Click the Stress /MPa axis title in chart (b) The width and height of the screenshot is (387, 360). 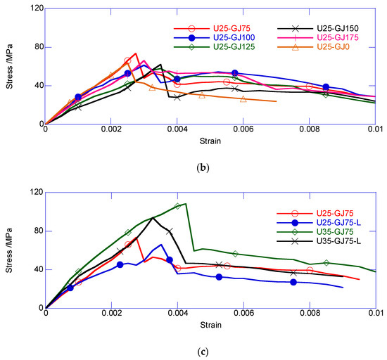tap(12, 67)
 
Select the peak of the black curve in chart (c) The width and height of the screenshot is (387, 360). tap(153, 217)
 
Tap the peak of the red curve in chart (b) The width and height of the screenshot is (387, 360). tap(136, 53)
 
